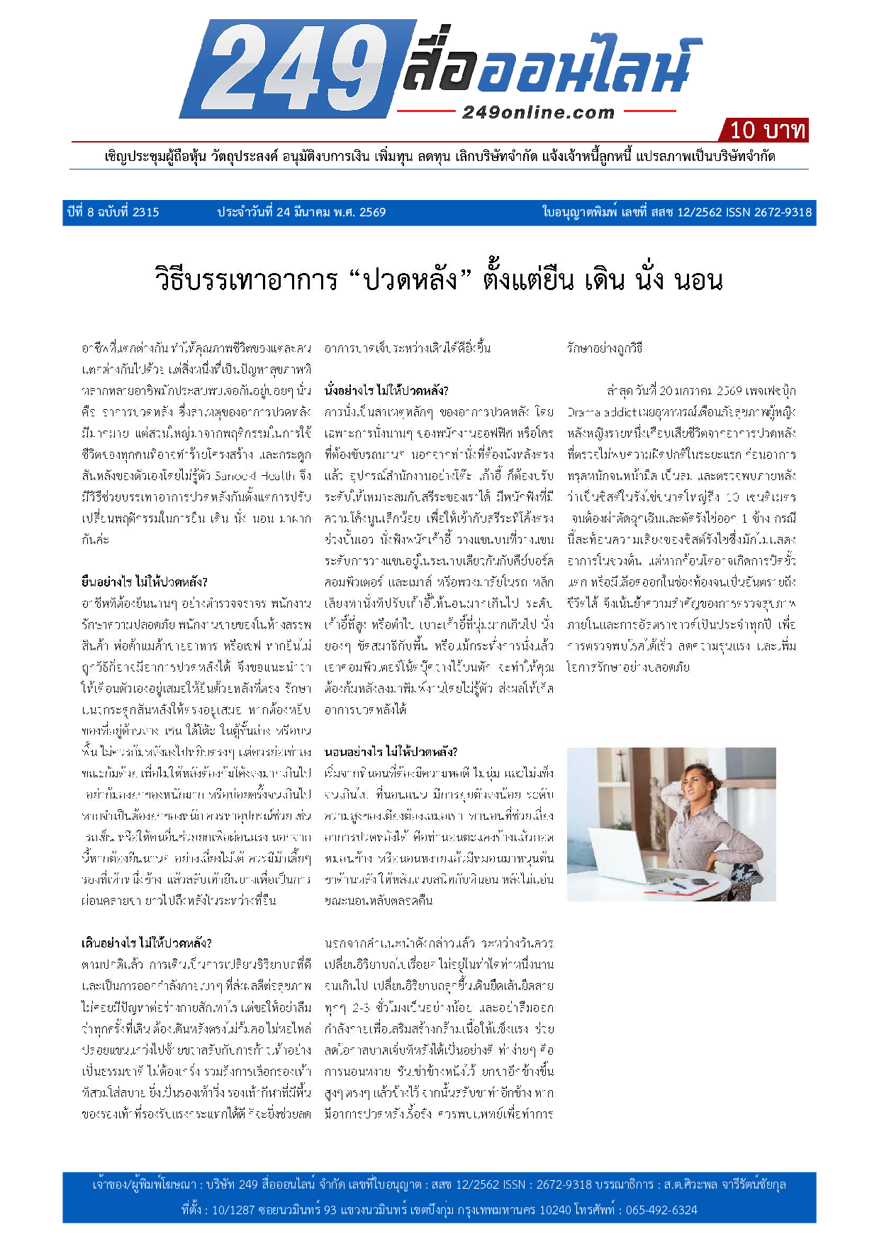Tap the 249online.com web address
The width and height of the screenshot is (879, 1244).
(538, 112)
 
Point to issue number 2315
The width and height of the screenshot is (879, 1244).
(145, 212)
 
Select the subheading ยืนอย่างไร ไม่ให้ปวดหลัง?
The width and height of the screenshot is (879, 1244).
(144, 582)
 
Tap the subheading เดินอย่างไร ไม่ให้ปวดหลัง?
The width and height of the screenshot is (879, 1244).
(147, 943)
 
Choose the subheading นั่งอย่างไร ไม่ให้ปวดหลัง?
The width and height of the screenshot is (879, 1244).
(386, 391)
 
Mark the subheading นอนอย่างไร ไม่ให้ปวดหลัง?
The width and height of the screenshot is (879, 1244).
(391, 752)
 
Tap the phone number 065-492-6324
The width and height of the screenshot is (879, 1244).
(661, 1210)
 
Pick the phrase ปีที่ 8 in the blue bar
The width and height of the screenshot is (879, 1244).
(81, 212)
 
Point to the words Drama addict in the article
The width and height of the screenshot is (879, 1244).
(595, 412)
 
